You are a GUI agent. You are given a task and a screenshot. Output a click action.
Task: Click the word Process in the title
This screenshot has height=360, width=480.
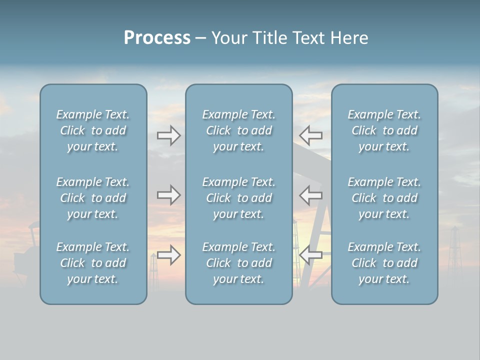pos(157,38)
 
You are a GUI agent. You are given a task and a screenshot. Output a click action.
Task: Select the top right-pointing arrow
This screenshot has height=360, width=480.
pos(168,135)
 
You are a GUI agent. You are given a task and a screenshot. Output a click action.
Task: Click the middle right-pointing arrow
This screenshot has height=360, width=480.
pos(168,194)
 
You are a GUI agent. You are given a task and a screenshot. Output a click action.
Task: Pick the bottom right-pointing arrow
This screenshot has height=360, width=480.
pos(168,255)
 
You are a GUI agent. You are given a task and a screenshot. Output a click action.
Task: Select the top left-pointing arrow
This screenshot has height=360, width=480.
pos(310,135)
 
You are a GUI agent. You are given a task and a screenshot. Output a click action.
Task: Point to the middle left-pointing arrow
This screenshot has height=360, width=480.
pos(310,194)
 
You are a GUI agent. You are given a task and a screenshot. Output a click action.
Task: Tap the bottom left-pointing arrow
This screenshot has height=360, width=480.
pos(310,255)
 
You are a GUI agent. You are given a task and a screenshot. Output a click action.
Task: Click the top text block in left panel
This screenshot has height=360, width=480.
pos(93,130)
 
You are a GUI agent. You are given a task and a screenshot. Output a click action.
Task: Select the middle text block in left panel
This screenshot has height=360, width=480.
pos(93,198)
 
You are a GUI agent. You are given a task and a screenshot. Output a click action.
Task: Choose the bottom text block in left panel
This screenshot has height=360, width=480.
pos(93,263)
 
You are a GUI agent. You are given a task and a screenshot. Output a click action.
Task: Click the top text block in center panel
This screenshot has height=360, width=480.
pos(238,130)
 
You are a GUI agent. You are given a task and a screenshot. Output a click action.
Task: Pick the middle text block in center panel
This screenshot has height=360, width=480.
pos(238,198)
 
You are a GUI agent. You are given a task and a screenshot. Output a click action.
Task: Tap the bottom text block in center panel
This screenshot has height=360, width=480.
pos(238,263)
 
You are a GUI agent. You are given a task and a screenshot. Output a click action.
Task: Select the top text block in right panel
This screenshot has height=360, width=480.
pos(384,130)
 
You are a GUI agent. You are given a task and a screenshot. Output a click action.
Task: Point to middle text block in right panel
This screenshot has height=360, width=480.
pos(384,198)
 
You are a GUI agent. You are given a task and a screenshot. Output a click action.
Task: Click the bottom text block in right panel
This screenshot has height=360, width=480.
pos(384,263)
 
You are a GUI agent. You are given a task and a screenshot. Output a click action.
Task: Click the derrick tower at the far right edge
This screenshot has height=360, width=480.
pos(454,250)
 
